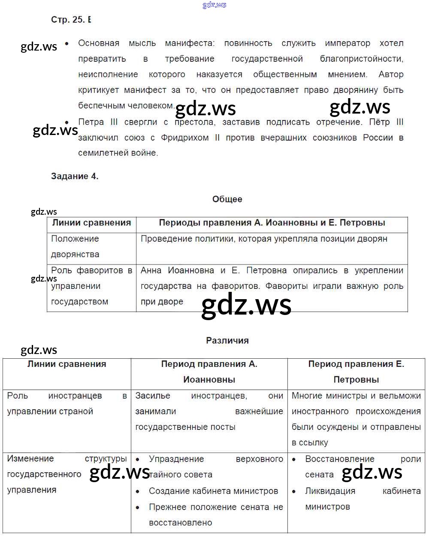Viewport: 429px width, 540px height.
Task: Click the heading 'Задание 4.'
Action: pyautogui.click(x=75, y=176)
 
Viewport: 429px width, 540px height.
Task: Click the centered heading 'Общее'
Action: pyautogui.click(x=227, y=199)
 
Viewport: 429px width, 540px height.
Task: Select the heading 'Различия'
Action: pyautogui.click(x=227, y=341)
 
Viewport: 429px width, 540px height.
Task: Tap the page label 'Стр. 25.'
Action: pyautogui.click(x=67, y=20)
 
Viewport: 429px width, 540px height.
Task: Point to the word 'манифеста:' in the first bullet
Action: pyautogui.click(x=190, y=43)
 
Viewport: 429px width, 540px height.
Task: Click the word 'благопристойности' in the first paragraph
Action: pyautogui.click(x=361, y=59)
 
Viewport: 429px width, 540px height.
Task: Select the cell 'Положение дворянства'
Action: pyautogui.click(x=75, y=246)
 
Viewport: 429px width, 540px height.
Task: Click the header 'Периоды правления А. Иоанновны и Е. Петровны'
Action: pyautogui.click(x=272, y=223)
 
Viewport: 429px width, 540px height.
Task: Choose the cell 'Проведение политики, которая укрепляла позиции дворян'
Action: pyautogui.click(x=264, y=239)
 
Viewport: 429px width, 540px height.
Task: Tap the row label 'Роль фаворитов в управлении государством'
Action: pyautogui.click(x=91, y=286)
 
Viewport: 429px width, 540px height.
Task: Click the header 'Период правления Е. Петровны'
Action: pyautogui.click(x=356, y=372)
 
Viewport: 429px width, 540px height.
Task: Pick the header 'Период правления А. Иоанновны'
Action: pyautogui.click(x=209, y=372)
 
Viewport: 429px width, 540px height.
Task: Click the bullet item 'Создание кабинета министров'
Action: pyautogui.click(x=213, y=491)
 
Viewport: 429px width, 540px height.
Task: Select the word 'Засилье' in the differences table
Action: pyautogui.click(x=153, y=396)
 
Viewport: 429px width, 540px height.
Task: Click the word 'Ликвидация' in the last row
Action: pyautogui.click(x=330, y=491)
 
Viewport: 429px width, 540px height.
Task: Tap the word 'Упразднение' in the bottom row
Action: pyautogui.click(x=176, y=459)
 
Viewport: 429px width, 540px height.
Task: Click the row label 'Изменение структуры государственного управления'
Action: pyautogui.click(x=66, y=474)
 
